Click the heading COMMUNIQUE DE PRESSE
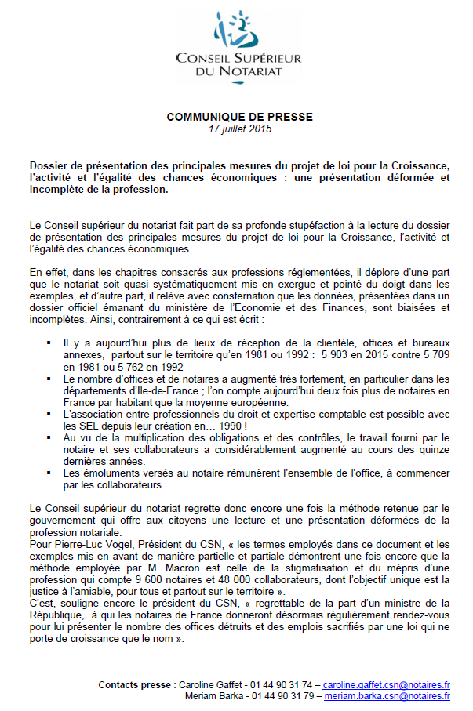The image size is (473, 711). [x=239, y=117]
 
